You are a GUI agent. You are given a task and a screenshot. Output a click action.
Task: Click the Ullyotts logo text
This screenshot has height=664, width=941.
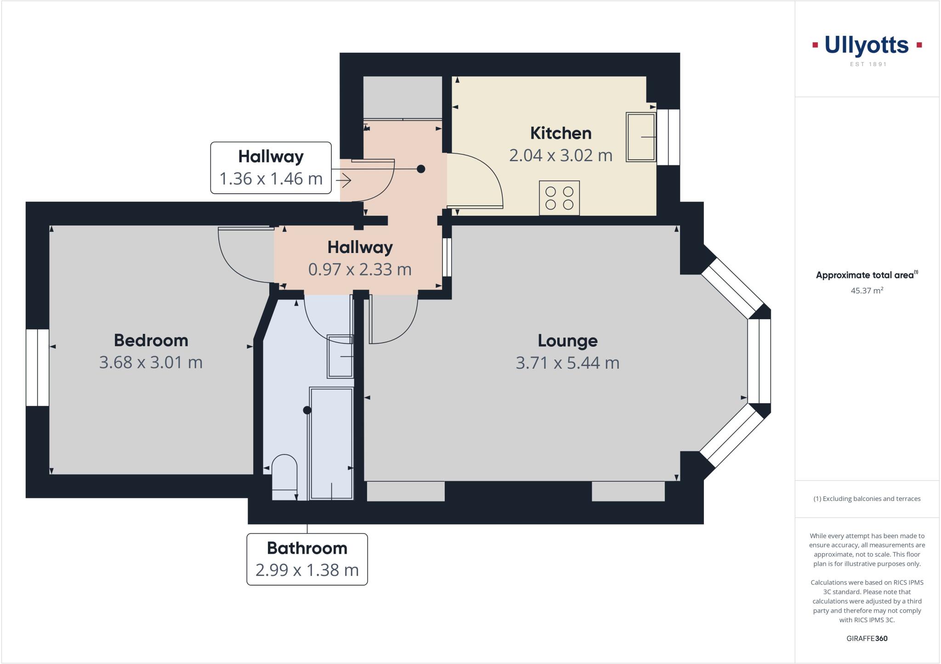point(867,46)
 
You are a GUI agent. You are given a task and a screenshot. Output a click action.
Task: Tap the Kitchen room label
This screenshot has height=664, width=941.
point(561,133)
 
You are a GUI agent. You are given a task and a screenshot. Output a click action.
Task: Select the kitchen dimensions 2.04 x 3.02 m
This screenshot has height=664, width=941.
point(561,156)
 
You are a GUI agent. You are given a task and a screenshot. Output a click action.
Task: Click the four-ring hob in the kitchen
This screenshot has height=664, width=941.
point(559,198)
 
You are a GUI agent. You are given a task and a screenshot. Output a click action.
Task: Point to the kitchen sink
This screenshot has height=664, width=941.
point(641,137)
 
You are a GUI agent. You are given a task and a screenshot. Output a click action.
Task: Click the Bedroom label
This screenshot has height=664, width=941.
point(151,340)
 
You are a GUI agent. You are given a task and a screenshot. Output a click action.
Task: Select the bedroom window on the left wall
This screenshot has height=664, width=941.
point(37,367)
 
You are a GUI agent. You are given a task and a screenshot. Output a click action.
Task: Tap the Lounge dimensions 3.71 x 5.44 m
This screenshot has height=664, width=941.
point(567,363)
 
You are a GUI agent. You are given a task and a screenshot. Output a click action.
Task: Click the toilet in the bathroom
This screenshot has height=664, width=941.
point(284,475)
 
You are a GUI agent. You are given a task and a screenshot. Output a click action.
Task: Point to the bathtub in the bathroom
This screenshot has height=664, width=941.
point(331,443)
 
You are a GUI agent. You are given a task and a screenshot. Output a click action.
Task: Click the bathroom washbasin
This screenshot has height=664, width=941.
point(340,356)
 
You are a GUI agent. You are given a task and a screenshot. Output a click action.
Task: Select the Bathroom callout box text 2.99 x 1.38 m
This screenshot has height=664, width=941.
point(307,570)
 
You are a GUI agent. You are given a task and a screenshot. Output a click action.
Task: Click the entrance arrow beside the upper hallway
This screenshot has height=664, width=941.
point(344,181)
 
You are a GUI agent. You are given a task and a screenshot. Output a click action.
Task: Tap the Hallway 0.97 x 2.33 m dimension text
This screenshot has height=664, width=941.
point(360,270)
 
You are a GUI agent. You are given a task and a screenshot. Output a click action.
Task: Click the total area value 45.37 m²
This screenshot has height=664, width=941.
point(867,290)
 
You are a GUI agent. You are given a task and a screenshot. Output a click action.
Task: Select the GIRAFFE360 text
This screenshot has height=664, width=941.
point(867,638)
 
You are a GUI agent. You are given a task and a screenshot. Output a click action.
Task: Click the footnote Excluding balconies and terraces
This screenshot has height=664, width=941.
point(867,499)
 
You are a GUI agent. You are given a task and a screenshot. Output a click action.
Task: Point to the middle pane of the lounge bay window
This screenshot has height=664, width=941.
point(759,361)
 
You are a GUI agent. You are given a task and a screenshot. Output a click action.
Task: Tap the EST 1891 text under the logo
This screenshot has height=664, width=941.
point(868,64)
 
